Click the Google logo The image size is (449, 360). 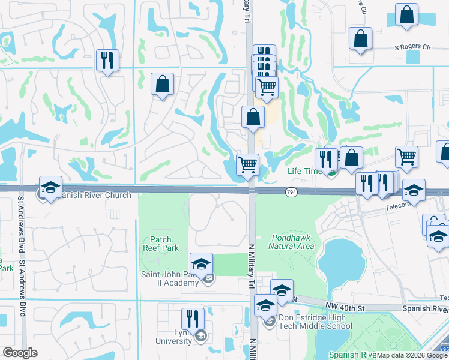(20, 353)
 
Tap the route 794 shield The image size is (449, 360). (291, 191)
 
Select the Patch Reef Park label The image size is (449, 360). (161, 244)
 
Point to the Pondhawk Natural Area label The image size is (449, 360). (291, 242)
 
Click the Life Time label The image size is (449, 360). (303, 171)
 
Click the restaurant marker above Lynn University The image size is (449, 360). (193, 318)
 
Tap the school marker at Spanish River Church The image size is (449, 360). (51, 186)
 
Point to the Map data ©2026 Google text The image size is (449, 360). (412, 355)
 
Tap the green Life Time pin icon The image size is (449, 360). (331, 173)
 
